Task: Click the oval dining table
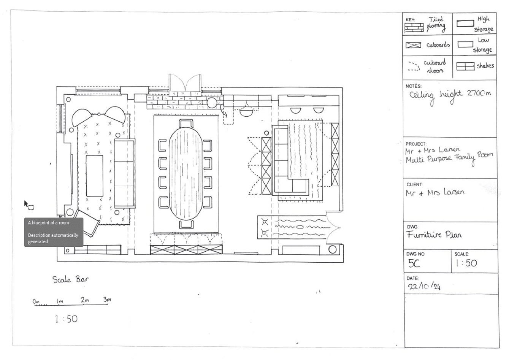tap(186, 174)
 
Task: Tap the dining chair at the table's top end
tap(186, 124)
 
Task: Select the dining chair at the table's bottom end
tap(186, 224)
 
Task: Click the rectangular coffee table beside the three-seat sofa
tap(95, 176)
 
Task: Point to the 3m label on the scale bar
tap(107, 299)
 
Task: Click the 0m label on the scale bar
tap(36, 301)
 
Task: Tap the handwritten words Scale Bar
tap(70, 279)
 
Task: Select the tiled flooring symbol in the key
tap(414, 27)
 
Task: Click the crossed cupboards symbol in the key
tap(413, 45)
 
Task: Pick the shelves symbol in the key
tap(465, 66)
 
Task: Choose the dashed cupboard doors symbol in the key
tap(414, 66)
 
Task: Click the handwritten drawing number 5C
tap(414, 263)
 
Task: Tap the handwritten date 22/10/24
tap(424, 286)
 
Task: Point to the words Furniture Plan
tap(434, 234)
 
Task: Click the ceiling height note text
tap(450, 97)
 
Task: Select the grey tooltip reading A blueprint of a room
tap(54, 232)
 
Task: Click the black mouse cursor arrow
tap(26, 204)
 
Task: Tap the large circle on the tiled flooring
tap(212, 103)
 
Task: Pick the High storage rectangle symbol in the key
tap(465, 24)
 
